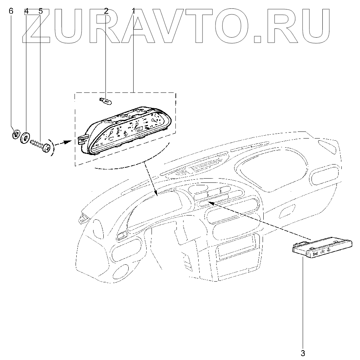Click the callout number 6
(x=11, y=11)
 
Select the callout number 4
(x=26, y=11)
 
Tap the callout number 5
(x=40, y=11)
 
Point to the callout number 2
(x=106, y=11)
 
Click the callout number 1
(x=133, y=11)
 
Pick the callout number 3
(x=303, y=352)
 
